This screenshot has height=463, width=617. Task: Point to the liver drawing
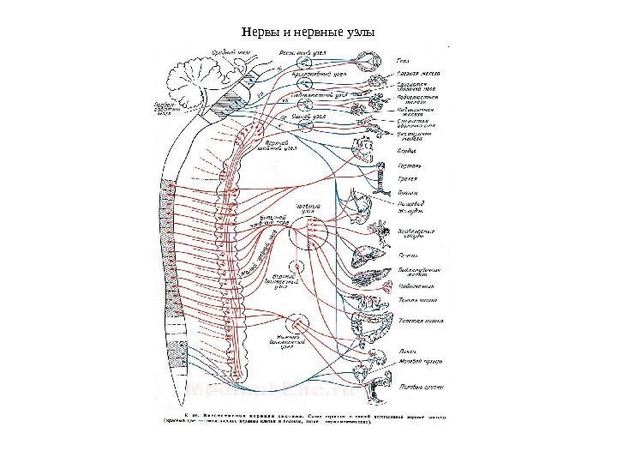[x=367, y=254]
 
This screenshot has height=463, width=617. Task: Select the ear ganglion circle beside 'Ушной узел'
[x=306, y=124]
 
